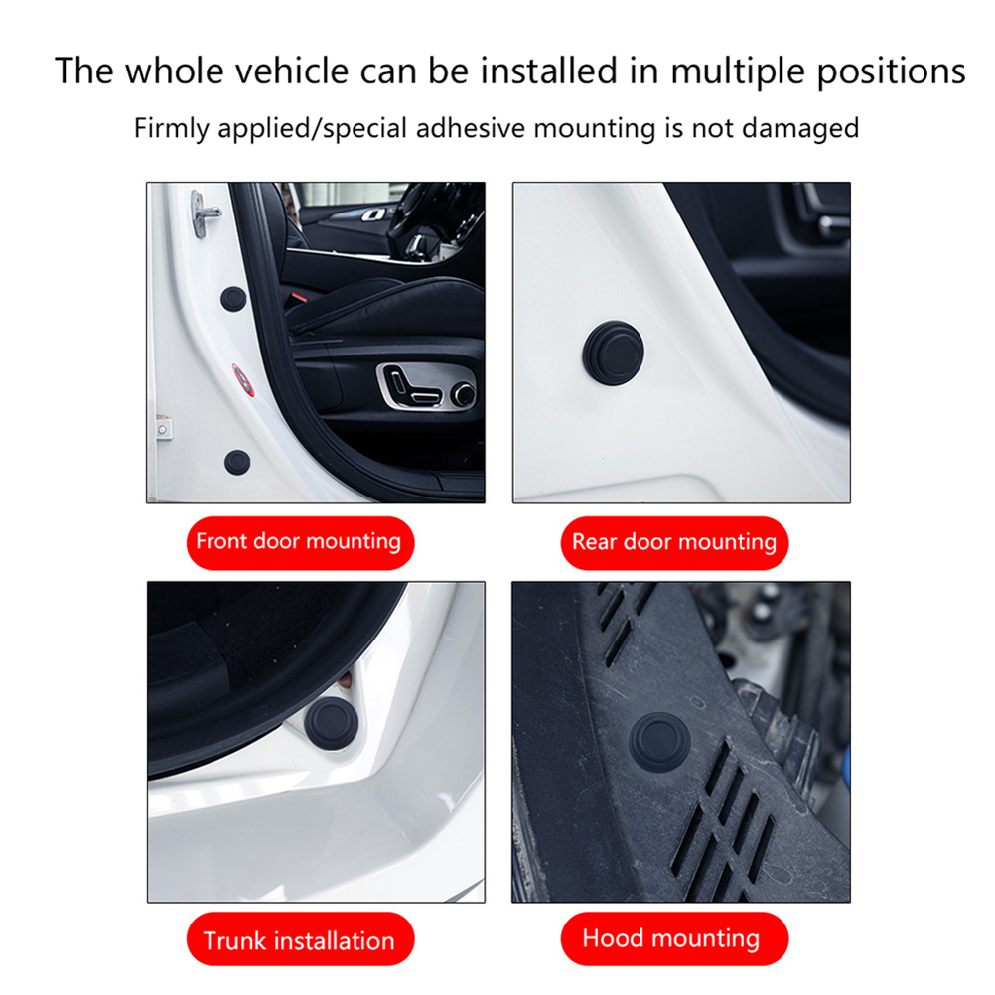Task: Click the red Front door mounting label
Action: coord(300,542)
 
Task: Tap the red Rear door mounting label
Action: coord(674,542)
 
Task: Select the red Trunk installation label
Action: coord(300,939)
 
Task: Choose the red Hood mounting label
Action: coord(674,939)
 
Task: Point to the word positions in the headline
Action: coord(891,71)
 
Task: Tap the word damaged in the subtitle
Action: coord(800,129)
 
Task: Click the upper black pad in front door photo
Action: coord(233,299)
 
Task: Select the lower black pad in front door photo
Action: coord(237,463)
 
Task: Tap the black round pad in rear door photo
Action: coord(613,353)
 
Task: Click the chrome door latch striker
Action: coord(204,213)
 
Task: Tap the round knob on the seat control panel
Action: coord(464,394)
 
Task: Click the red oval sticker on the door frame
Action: coord(243,380)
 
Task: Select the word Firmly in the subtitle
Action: coord(172,129)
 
